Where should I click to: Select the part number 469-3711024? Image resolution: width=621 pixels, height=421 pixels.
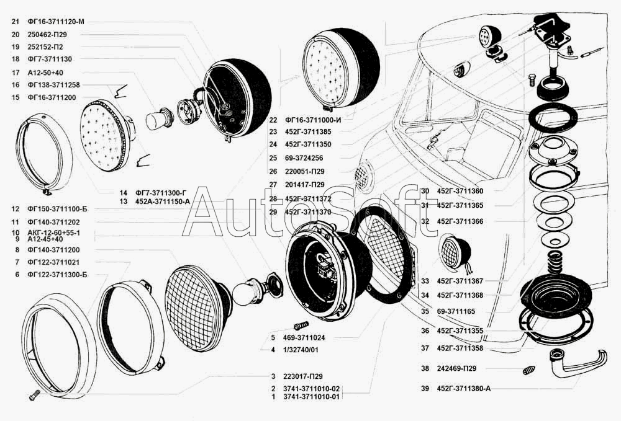click(x=308, y=338)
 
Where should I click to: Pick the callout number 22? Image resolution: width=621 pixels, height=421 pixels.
click(x=273, y=120)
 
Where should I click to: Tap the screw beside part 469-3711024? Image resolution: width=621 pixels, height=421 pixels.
click(x=300, y=325)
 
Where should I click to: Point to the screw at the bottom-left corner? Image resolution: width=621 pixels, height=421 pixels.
click(x=33, y=393)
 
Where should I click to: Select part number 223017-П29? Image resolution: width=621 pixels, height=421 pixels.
click(x=301, y=376)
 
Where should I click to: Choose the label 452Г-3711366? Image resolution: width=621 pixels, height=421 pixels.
click(x=465, y=221)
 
